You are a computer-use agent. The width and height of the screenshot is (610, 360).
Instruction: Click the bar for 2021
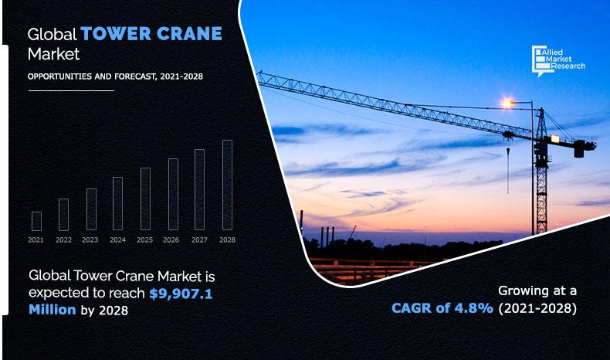click(36, 221)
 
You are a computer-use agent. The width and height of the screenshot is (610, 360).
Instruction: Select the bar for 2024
click(117, 204)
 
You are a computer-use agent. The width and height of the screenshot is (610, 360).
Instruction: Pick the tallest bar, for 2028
click(227, 185)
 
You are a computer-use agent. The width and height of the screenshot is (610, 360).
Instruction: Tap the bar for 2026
click(173, 195)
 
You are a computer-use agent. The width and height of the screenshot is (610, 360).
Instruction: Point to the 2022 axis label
click(63, 240)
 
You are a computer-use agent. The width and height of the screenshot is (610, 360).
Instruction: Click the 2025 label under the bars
click(145, 240)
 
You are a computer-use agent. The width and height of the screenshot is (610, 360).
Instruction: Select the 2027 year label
click(199, 240)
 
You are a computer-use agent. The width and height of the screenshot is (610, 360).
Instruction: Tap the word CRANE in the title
click(186, 34)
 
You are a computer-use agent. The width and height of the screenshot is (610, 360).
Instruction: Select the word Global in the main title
click(52, 35)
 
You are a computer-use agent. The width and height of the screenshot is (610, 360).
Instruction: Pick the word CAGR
click(414, 309)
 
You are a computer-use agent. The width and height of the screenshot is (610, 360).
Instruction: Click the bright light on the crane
click(507, 102)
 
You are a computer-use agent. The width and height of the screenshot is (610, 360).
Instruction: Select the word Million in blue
click(52, 310)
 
